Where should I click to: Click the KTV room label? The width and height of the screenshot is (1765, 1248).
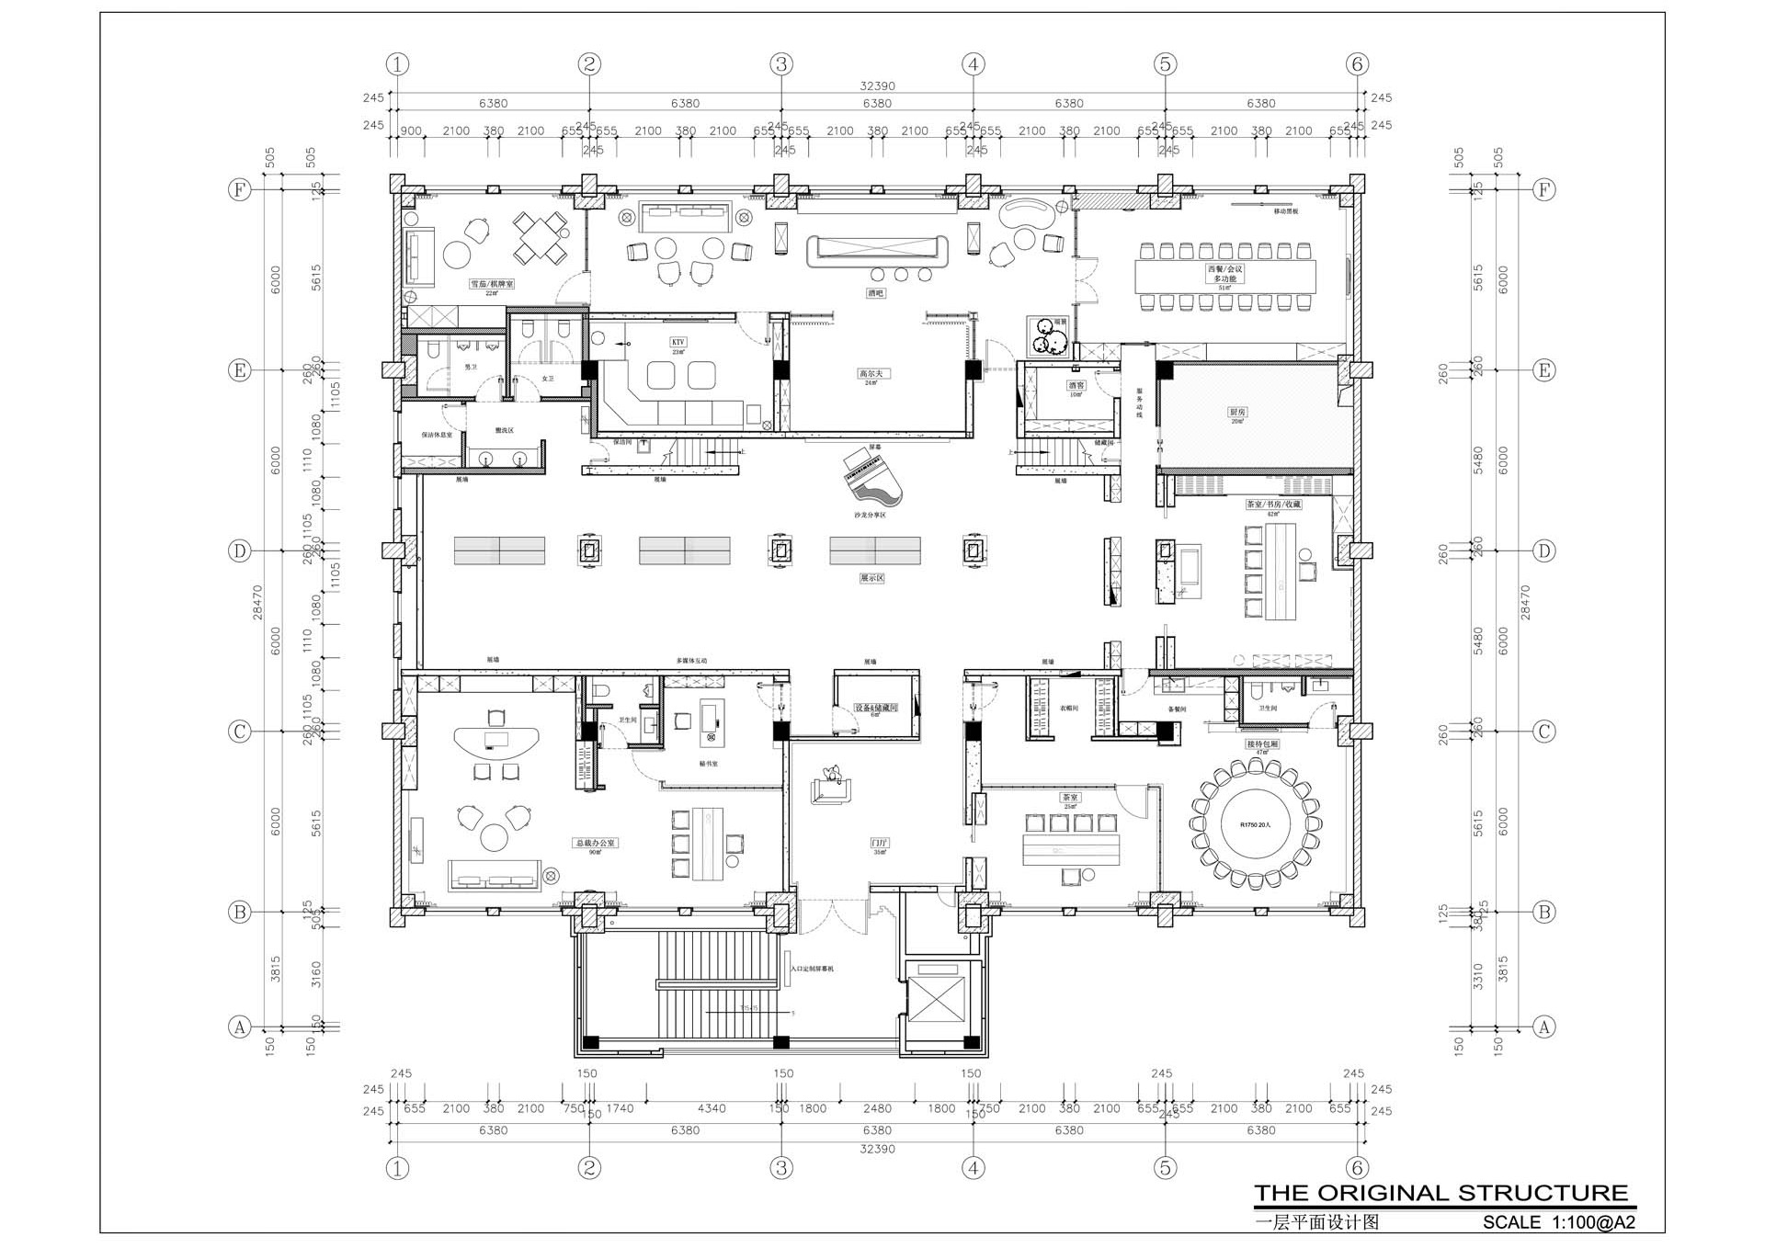click(x=678, y=342)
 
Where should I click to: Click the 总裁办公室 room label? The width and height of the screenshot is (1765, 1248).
click(x=595, y=843)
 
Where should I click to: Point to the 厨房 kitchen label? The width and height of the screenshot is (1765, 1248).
click(x=1237, y=413)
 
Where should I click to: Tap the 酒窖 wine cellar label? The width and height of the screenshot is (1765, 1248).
click(x=1076, y=386)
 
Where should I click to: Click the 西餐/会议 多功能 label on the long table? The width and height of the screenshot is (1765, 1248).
click(x=1224, y=273)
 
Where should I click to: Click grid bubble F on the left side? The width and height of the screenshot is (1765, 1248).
click(x=239, y=190)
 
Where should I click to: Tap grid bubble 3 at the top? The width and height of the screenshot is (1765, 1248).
click(x=780, y=64)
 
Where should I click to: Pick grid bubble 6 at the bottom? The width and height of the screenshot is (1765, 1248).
click(x=1357, y=1168)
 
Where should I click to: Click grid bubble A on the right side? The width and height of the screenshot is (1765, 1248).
click(x=1543, y=1027)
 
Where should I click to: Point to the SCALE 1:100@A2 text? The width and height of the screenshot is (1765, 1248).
click(x=1558, y=1222)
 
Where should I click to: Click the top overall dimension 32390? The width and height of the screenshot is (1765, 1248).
click(x=877, y=85)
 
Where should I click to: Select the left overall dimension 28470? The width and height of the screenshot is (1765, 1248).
click(x=257, y=603)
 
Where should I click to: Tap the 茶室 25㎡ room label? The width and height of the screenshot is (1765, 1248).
click(x=1070, y=798)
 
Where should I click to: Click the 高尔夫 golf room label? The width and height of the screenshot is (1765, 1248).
click(x=870, y=374)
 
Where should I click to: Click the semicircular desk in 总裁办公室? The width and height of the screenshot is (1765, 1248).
click(x=496, y=741)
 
